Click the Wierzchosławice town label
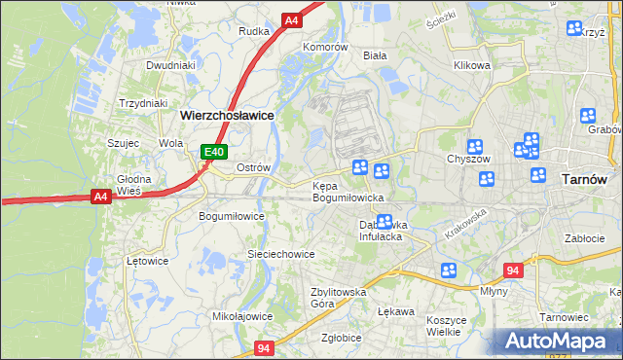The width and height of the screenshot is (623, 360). (x=226, y=114)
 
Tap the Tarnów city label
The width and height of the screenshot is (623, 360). (x=585, y=180)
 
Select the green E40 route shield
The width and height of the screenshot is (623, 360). (x=215, y=152)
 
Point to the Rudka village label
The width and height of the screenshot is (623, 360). (x=253, y=31)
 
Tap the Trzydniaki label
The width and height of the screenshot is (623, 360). (x=143, y=103)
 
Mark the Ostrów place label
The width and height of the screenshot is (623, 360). (x=253, y=167)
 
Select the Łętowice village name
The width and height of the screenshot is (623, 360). (x=148, y=262)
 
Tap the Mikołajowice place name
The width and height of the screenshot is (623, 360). (x=242, y=316)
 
